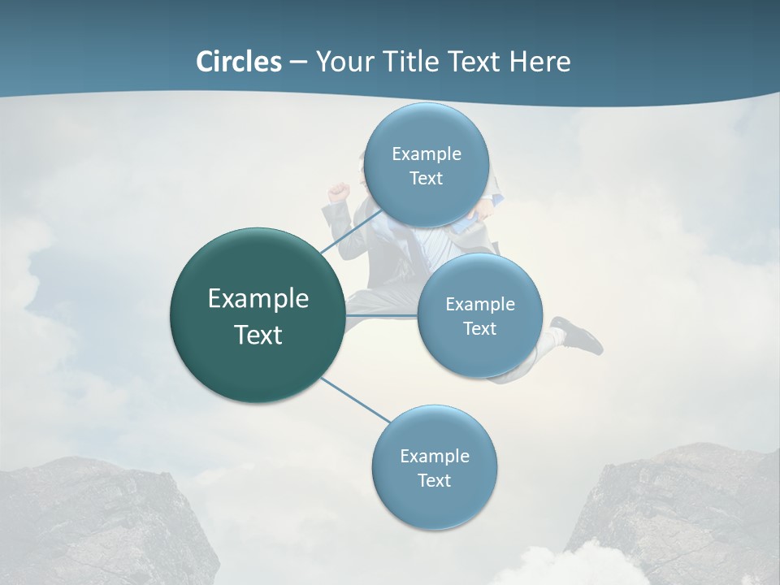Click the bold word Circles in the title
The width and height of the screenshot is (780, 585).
click(x=238, y=62)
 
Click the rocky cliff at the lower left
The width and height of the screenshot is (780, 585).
click(x=97, y=520)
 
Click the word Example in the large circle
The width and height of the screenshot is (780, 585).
click(x=258, y=299)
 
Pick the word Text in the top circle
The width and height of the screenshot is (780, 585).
click(x=426, y=179)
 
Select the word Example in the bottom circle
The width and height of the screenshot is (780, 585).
click(x=434, y=456)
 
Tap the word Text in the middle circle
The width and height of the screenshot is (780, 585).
click(x=479, y=328)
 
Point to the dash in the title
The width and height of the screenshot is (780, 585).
click(x=298, y=62)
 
